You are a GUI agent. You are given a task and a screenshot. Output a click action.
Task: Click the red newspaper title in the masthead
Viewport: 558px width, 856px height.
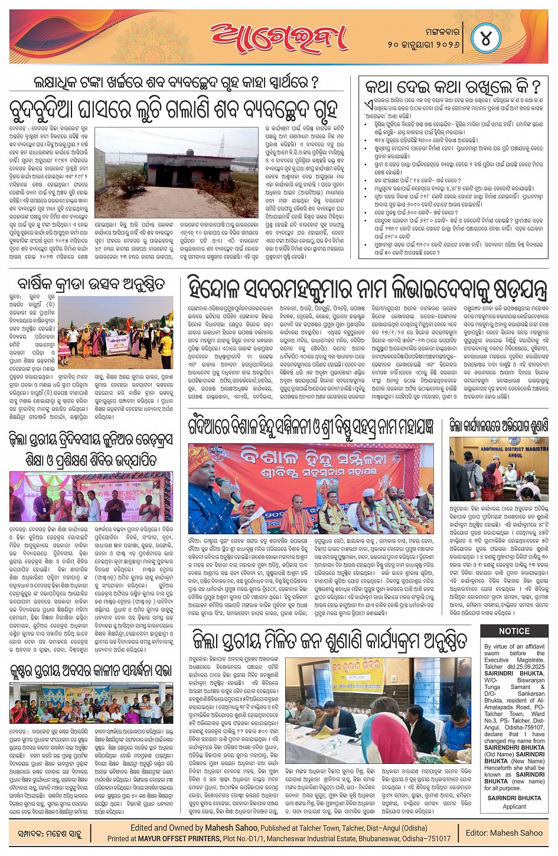click(x=279, y=38)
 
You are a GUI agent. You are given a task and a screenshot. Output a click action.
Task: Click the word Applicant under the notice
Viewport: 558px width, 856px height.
click(x=514, y=806)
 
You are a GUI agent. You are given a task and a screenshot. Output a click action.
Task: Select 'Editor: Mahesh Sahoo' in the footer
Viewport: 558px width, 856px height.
click(x=504, y=833)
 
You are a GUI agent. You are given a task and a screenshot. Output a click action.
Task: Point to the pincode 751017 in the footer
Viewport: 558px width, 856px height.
click(x=437, y=838)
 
